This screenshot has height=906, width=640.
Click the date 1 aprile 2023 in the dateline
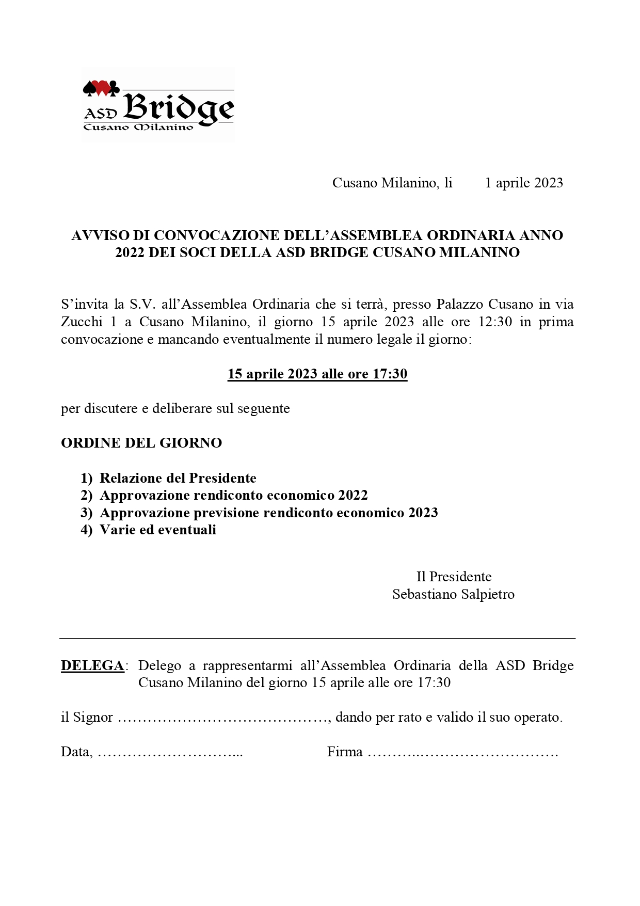click(x=523, y=183)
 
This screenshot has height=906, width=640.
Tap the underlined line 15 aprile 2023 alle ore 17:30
click(x=317, y=374)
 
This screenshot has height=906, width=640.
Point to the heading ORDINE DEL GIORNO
click(x=141, y=443)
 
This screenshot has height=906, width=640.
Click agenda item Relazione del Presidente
click(x=178, y=478)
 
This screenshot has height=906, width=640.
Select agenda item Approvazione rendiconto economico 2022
click(x=234, y=496)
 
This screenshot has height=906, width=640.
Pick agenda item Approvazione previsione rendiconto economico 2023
click(x=269, y=513)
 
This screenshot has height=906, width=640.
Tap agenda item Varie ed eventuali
click(x=158, y=530)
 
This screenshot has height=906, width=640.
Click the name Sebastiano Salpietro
click(x=453, y=594)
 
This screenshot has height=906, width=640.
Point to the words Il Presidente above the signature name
click(x=454, y=577)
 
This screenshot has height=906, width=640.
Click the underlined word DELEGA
click(x=92, y=666)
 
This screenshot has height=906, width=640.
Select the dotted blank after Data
click(x=170, y=753)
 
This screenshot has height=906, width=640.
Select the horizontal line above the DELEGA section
click(x=317, y=639)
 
